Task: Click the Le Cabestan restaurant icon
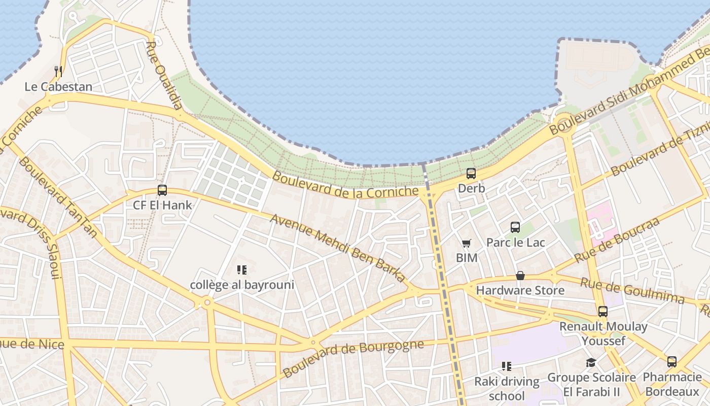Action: click(58, 72)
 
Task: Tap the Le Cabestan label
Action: click(58, 87)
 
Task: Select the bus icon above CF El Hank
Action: click(162, 190)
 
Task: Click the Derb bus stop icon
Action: click(471, 174)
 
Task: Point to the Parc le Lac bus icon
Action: click(515, 227)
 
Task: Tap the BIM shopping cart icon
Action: click(467, 244)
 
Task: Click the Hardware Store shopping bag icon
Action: click(520, 276)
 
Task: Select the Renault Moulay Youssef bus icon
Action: click(603, 312)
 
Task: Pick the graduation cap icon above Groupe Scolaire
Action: click(591, 362)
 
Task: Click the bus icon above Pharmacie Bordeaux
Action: click(672, 362)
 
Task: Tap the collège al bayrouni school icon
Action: click(242, 270)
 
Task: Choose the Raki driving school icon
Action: click(506, 366)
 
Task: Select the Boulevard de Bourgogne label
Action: click(353, 359)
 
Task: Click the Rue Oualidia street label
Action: click(164, 75)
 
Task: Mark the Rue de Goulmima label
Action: click(632, 291)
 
